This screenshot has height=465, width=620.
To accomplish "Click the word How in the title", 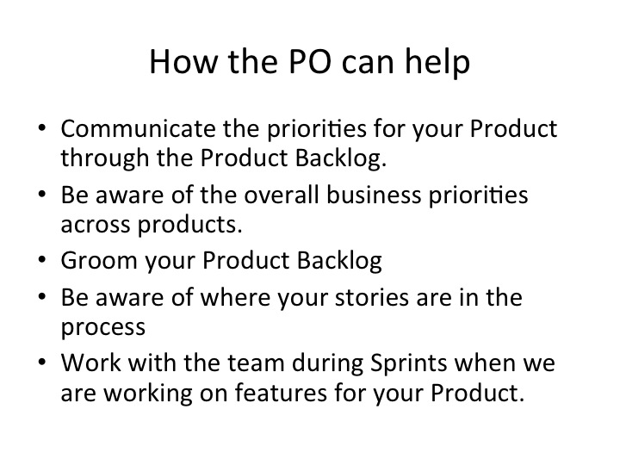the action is point(184,61).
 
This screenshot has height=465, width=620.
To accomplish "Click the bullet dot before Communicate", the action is point(42,127).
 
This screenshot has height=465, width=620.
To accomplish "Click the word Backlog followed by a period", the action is point(341,158).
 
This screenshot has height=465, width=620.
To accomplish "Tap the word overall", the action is point(281,195).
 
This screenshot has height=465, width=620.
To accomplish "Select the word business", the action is point(374,195).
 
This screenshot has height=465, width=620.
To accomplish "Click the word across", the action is point(96,226).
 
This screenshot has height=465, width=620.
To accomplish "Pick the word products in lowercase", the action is point(189,225).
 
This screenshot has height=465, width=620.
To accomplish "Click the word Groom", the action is point(99,261).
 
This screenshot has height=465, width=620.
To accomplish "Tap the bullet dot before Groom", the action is point(42,259).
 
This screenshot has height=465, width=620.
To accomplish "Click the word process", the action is point(103,328).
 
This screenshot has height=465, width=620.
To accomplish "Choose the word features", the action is point(281,393).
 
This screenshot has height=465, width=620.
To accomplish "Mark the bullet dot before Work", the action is point(42,362).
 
